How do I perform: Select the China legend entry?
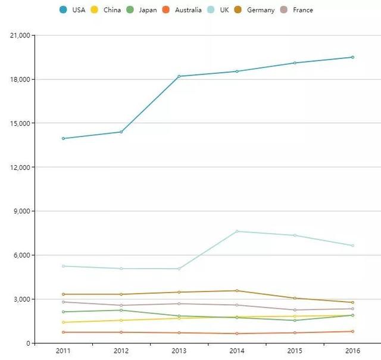click(106, 10)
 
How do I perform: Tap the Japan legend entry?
click(142, 10)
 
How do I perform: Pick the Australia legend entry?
click(182, 10)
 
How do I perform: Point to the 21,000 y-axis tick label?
click(20, 36)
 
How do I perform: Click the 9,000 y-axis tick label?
click(22, 212)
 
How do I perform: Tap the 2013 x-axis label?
click(179, 351)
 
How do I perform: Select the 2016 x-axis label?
click(352, 351)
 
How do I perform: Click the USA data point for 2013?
click(179, 76)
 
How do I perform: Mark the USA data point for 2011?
click(63, 138)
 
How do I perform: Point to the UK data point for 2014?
click(237, 231)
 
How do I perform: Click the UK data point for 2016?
click(352, 246)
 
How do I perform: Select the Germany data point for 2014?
click(237, 291)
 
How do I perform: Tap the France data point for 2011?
click(63, 302)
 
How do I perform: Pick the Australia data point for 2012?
click(121, 332)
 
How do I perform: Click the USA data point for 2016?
click(352, 57)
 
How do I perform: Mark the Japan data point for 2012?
click(121, 310)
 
